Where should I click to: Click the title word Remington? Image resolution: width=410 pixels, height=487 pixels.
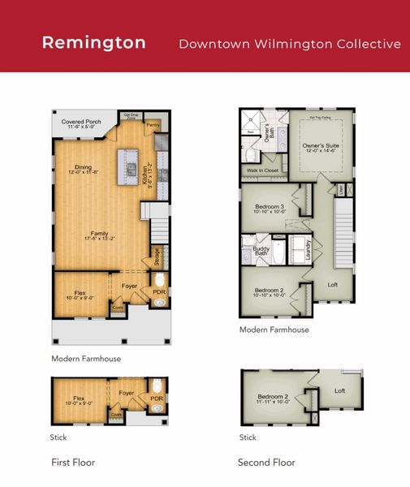pyautogui.click(x=93, y=42)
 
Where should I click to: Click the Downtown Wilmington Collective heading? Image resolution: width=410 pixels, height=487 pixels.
pyautogui.click(x=290, y=43)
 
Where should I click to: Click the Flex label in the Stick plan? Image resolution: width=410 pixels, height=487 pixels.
pyautogui.click(x=79, y=399)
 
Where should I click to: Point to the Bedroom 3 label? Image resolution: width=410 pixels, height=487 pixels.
pyautogui.click(x=269, y=208)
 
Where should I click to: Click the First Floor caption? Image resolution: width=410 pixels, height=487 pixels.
pyautogui.click(x=72, y=463)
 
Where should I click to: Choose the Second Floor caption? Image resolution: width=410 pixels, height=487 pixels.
pyautogui.click(x=266, y=463)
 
